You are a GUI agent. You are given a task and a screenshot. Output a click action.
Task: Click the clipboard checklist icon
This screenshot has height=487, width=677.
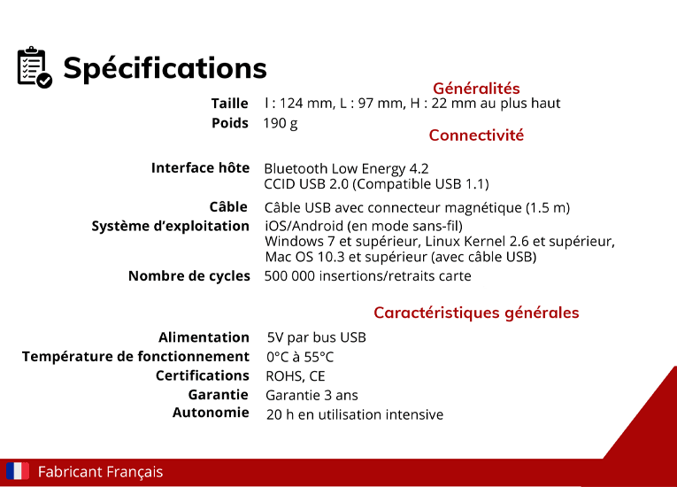point(35,67)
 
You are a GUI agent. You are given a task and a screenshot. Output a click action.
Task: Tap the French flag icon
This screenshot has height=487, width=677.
point(18,471)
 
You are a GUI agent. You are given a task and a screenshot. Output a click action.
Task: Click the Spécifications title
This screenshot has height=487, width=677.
point(165,68)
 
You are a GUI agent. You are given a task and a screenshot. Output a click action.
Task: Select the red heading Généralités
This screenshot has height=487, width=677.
point(476,89)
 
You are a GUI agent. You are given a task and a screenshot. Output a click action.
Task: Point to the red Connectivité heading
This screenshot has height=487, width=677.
point(476,135)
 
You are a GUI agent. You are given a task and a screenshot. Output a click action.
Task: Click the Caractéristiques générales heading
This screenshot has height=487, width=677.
point(476,313)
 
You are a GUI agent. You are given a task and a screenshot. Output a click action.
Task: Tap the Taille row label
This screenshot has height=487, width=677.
point(230,104)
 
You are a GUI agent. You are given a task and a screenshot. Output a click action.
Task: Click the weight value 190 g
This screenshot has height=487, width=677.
point(281,124)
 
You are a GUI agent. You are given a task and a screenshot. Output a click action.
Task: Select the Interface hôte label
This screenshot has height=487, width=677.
point(200,167)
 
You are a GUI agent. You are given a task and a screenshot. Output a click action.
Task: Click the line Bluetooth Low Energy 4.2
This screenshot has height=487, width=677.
point(346,168)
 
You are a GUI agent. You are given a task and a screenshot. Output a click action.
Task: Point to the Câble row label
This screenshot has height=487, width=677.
point(228,206)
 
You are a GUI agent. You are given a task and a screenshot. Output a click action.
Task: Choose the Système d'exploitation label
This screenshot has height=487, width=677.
point(171,226)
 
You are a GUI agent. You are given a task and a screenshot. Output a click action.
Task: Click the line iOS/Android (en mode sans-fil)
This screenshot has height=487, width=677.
point(364,226)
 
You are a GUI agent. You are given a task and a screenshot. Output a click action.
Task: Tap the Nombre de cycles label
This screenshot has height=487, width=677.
point(189,275)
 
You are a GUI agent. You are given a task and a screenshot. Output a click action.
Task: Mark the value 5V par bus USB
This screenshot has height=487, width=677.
point(317,337)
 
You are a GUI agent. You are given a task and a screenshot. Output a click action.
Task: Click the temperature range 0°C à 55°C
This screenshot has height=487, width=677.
point(300,357)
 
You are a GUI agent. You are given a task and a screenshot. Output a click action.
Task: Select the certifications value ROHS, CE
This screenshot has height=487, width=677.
point(296,376)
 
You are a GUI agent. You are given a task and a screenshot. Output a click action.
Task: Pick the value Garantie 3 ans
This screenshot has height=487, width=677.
point(312,396)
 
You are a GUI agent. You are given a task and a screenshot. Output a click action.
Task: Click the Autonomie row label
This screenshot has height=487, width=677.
point(211,413)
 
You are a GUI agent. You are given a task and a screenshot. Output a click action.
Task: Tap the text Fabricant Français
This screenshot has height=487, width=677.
point(101,472)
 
